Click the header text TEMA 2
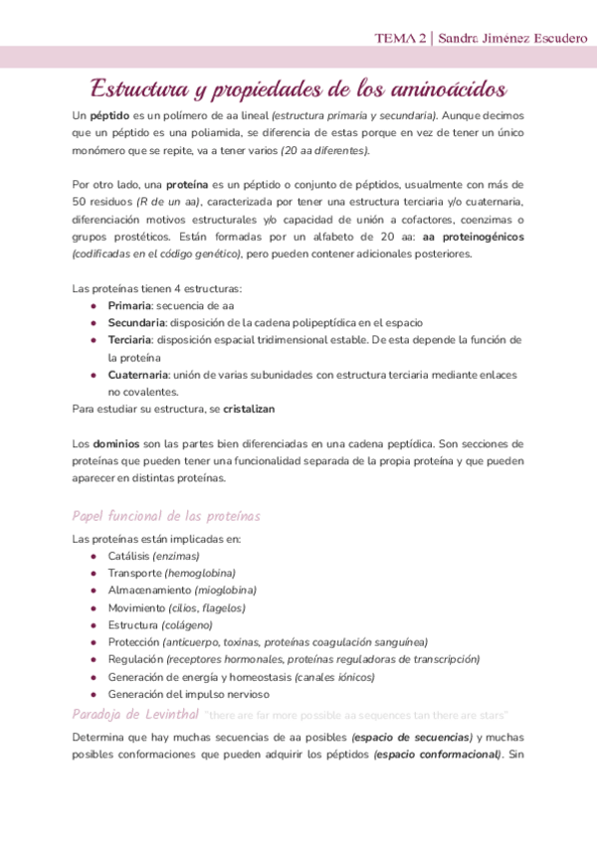point(399,38)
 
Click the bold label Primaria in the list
point(128,305)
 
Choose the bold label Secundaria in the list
point(136,322)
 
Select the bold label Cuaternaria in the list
point(138,374)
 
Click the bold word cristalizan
point(249,409)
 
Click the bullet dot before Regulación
point(94,659)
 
